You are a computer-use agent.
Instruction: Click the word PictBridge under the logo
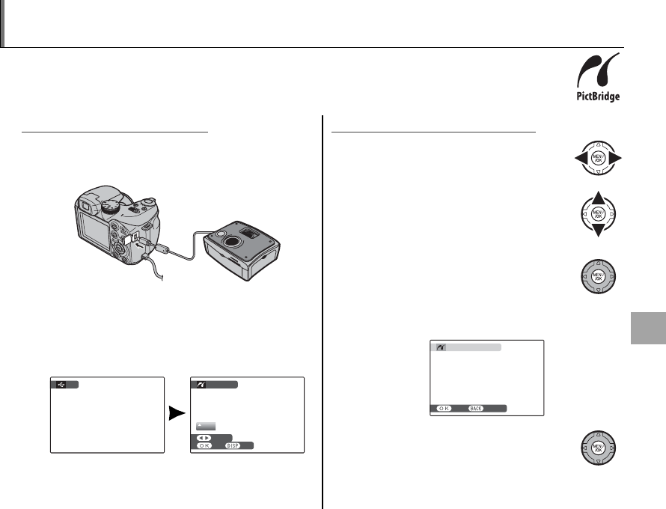pyautogui.click(x=596, y=97)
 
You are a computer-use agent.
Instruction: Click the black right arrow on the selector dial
pyautogui.click(x=617, y=159)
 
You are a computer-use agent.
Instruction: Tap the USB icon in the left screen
pyautogui.click(x=61, y=384)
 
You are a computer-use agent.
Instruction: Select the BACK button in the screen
pyautogui.click(x=478, y=409)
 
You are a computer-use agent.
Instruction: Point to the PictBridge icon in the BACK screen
pyautogui.click(x=440, y=348)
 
